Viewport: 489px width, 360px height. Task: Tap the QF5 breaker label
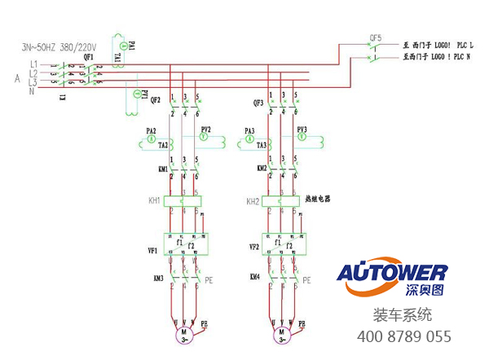pos(376,37)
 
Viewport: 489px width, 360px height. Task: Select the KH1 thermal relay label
pos(154,200)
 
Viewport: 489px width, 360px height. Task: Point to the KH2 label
pos(253,200)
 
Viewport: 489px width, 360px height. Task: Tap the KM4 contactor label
pos(255,278)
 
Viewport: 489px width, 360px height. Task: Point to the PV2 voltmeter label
pos(206,130)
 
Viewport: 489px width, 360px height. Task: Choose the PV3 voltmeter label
pos(302,130)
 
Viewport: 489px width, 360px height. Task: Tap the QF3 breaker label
pos(258,103)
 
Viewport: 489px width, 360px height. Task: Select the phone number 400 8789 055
pos(403,336)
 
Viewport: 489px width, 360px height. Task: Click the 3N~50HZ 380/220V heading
pos(59,47)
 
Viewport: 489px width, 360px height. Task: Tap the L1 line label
pos(33,64)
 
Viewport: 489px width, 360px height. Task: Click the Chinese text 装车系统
pos(403,315)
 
